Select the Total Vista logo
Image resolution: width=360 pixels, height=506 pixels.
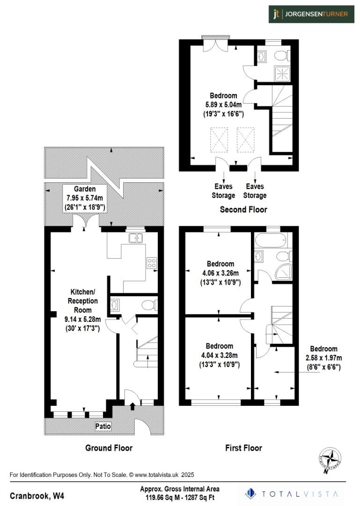[x=294, y=493]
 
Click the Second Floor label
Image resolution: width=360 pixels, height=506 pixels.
[x=243, y=209]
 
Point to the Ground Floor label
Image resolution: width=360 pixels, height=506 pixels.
[x=109, y=448]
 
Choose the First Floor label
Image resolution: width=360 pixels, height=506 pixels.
[x=243, y=448]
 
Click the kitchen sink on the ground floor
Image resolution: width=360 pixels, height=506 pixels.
[x=136, y=238]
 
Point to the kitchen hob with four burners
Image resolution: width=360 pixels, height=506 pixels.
[x=152, y=263]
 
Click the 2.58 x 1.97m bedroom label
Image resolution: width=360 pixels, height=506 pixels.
[x=323, y=358]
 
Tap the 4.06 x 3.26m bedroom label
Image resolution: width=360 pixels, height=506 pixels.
[x=220, y=274]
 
